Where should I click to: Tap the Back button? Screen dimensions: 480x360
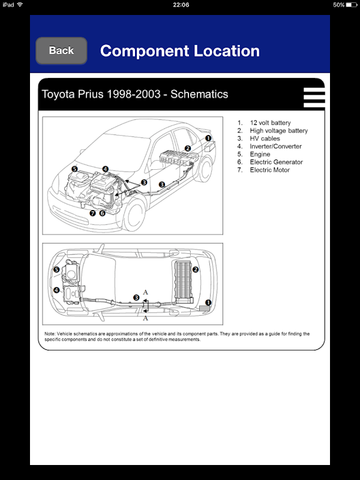[61, 50]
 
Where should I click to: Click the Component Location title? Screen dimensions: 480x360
[179, 51]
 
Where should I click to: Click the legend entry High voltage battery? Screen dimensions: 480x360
[278, 131]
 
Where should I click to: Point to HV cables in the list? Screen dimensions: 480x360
[265, 139]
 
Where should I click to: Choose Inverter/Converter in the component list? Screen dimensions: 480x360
[275, 146]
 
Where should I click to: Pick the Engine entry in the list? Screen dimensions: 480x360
[260, 154]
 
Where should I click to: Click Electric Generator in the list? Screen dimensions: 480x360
[276, 162]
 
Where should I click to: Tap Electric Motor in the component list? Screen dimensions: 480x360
[269, 170]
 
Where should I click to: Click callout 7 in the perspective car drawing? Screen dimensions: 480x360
[92, 213]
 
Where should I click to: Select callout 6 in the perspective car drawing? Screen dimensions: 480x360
[102, 213]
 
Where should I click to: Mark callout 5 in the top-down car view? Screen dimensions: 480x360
[56, 270]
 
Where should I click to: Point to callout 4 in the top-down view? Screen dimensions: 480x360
[56, 290]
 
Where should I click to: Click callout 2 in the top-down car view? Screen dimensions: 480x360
[196, 269]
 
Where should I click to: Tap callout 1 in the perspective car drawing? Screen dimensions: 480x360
[208, 137]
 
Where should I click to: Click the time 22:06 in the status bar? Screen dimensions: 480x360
[181, 4]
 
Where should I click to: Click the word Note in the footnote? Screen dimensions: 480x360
[50, 334]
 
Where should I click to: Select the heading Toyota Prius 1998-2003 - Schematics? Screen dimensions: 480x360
[134, 94]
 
